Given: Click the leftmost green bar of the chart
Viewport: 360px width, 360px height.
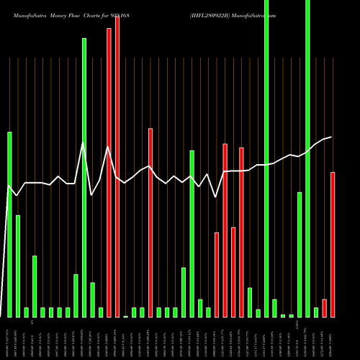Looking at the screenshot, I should click(10, 224).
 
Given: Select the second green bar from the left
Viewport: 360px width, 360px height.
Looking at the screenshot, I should click(18, 266).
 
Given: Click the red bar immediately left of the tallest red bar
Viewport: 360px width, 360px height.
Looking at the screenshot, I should click(109, 172).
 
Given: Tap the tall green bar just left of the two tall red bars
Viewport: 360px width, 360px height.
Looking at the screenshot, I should click(84, 177).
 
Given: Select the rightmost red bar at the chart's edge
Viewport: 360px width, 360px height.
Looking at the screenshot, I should click(333, 244).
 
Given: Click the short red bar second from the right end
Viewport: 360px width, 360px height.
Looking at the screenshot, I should click(325, 307).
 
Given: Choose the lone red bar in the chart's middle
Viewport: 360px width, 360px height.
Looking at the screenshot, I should click(150, 222).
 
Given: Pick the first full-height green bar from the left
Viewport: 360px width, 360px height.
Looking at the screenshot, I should click(266, 158).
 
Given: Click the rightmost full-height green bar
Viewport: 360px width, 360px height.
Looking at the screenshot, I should click(308, 158).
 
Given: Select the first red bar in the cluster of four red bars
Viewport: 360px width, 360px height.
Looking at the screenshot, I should click(217, 274).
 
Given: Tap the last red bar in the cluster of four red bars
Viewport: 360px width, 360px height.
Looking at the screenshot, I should click(241, 232).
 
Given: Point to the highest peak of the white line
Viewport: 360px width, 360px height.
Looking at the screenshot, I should click(84, 143).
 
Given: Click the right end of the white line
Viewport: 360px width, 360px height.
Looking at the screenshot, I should click(331, 137).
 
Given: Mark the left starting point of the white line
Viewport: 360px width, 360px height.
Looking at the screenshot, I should click(9, 186).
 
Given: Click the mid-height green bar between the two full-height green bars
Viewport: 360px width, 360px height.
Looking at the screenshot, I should click(300, 254).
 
